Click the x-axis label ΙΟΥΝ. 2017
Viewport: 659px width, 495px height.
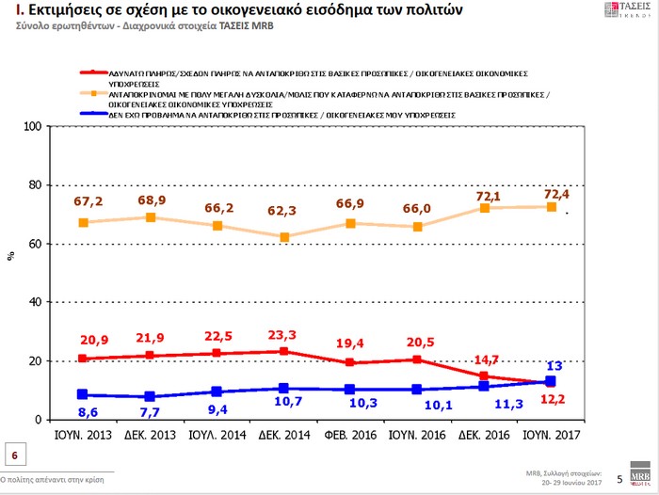(x=551, y=436)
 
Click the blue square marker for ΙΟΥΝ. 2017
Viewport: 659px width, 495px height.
(x=551, y=381)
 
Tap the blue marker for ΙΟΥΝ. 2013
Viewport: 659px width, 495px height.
(x=83, y=394)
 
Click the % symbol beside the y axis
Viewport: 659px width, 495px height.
(x=10, y=256)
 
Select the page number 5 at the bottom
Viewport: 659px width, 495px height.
(x=619, y=478)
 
